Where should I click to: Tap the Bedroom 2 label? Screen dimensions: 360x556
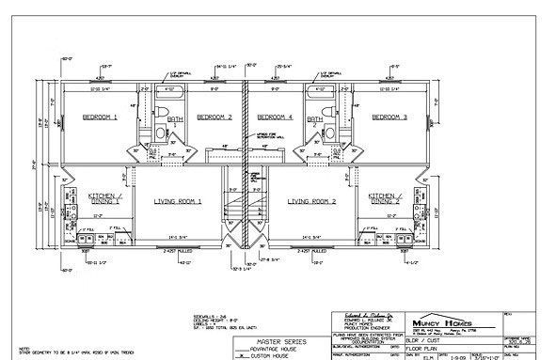coord(214,118)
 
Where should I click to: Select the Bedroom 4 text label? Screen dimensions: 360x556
coord(276,118)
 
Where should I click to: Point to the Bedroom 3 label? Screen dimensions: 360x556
coord(389,118)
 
